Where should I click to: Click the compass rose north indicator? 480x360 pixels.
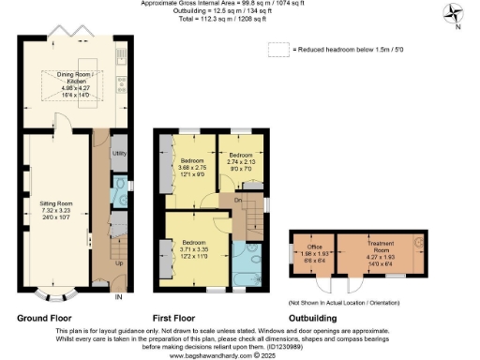pyautogui.click(x=454, y=14)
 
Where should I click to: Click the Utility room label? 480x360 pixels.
pyautogui.click(x=119, y=152)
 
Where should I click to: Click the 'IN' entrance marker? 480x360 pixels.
pyautogui.click(x=118, y=297)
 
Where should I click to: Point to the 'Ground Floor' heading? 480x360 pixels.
pyautogui.click(x=44, y=317)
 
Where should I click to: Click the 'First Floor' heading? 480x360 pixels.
pyautogui.click(x=178, y=317)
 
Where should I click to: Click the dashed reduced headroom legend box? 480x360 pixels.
pyautogui.click(x=277, y=49)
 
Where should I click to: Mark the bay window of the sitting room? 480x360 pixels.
pyautogui.click(x=55, y=298)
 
